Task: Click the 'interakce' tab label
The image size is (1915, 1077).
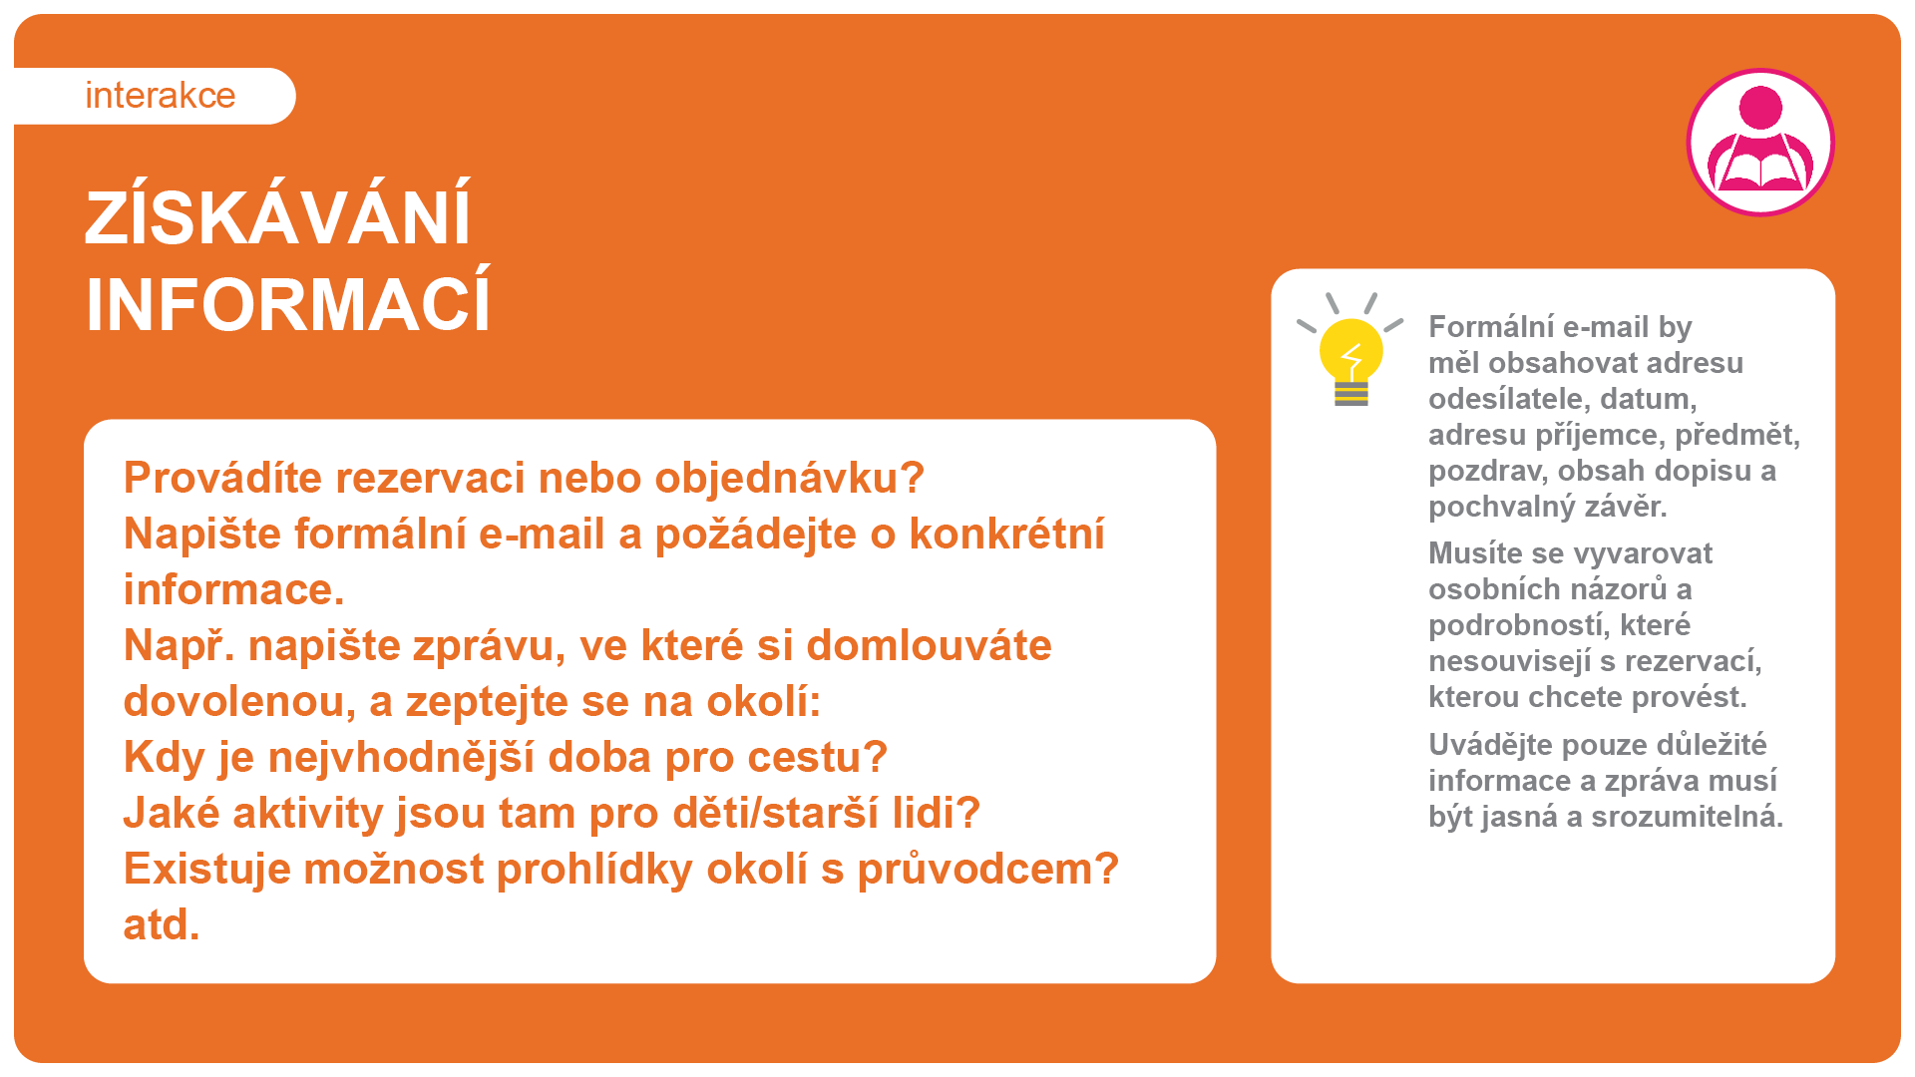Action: click(x=161, y=96)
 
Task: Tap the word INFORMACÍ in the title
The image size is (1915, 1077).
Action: click(x=288, y=304)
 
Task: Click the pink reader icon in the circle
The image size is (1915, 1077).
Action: click(x=1760, y=142)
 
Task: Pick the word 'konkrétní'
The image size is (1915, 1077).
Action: click(x=1006, y=534)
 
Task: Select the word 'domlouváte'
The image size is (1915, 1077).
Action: click(x=929, y=645)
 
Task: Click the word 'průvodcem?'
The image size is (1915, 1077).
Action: click(x=988, y=870)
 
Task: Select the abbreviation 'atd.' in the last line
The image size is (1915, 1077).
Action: click(x=162, y=924)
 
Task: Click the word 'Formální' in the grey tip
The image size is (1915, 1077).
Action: click(x=1489, y=327)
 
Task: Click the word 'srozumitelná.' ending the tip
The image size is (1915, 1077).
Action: click(x=1687, y=817)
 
